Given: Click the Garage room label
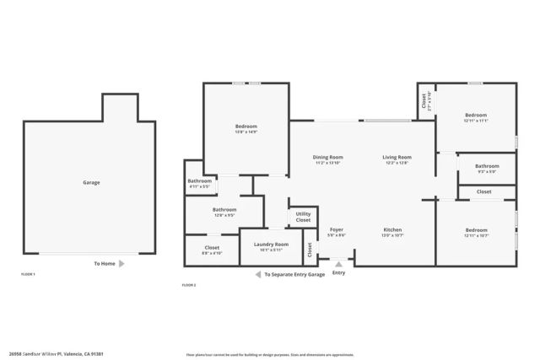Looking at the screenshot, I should [91, 182].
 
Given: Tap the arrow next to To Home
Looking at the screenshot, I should [122, 264].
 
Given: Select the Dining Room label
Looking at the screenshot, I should [328, 157].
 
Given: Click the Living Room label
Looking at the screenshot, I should [397, 157].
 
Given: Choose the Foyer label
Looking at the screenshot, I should [336, 229].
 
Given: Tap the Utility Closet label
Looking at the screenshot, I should [303, 217].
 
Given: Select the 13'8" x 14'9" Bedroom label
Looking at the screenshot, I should [246, 126].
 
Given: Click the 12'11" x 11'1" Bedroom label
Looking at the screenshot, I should [476, 115].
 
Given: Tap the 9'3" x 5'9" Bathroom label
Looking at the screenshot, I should [487, 166].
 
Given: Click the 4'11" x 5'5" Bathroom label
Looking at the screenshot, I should [200, 181].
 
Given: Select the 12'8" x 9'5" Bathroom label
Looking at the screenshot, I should [224, 210].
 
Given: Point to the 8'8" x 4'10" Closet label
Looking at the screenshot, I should [212, 248].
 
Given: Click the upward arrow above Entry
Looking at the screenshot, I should [339, 262].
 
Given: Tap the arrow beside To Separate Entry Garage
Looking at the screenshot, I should [257, 275].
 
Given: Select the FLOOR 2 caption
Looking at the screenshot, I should [189, 286].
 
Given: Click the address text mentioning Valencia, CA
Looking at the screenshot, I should [68, 354].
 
